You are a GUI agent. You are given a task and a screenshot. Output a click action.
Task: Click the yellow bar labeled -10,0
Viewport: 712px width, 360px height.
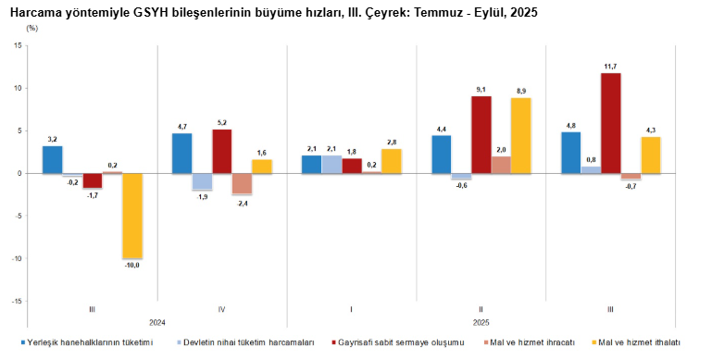pos(132,216)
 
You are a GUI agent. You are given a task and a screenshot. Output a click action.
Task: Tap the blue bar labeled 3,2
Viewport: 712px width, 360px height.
pos(53,159)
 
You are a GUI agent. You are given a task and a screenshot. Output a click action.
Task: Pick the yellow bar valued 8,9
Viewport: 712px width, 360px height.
pos(520,135)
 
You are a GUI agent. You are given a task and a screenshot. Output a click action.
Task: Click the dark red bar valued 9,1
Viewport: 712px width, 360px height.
pos(481,134)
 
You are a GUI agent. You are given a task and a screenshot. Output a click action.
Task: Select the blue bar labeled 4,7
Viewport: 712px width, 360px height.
pos(182,153)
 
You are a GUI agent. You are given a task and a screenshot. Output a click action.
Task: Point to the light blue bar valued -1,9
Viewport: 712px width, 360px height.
pos(202,181)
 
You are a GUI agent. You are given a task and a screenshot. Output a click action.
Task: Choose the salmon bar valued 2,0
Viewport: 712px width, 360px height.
pos(501,165)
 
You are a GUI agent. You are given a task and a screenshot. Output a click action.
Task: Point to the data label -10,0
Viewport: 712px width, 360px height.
pos(132,266)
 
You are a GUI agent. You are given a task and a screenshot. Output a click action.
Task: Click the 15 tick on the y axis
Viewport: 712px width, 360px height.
pos(18,45)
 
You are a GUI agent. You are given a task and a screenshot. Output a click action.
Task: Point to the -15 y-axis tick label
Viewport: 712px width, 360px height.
pos(16,301)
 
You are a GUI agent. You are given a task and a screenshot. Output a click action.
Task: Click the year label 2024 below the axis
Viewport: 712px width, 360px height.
pos(157,322)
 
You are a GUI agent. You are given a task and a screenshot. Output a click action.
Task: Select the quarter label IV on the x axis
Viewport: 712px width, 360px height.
pos(222,309)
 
